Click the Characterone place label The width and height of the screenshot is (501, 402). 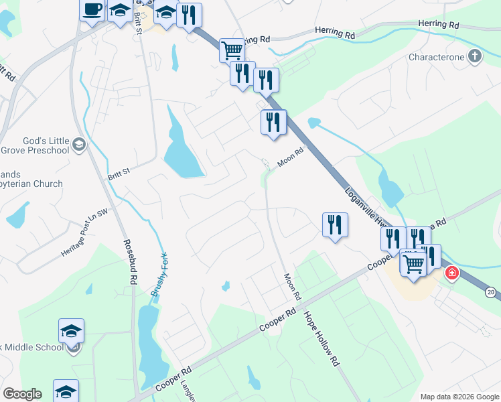437,57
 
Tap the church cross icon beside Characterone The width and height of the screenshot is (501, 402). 475,56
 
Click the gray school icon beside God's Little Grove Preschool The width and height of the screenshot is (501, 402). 78,144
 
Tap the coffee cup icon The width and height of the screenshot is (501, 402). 92,9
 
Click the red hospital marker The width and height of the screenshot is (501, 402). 452,273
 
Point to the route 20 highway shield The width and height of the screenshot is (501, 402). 491,292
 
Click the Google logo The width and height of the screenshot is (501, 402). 22,394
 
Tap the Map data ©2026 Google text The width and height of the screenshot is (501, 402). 459,397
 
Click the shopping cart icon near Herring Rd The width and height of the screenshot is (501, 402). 231,49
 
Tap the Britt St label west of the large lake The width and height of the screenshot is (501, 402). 118,176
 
